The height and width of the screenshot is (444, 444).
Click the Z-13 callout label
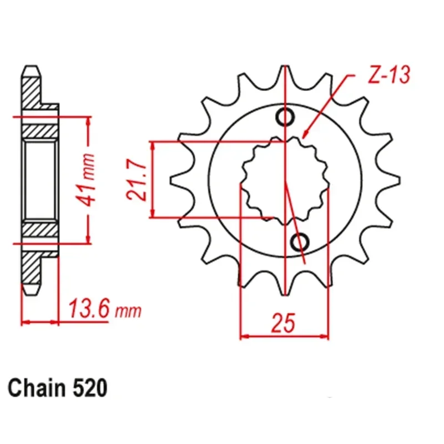click(x=389, y=76)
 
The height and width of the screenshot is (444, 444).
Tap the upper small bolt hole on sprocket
click(x=286, y=118)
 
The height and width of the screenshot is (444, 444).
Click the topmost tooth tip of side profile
click(x=32, y=69)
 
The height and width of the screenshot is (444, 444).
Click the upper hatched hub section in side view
click(x=41, y=132)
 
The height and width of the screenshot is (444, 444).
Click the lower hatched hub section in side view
click(x=41, y=228)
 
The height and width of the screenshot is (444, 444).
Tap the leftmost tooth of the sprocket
click(x=176, y=181)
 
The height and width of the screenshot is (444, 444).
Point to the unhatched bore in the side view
click(x=41, y=180)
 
